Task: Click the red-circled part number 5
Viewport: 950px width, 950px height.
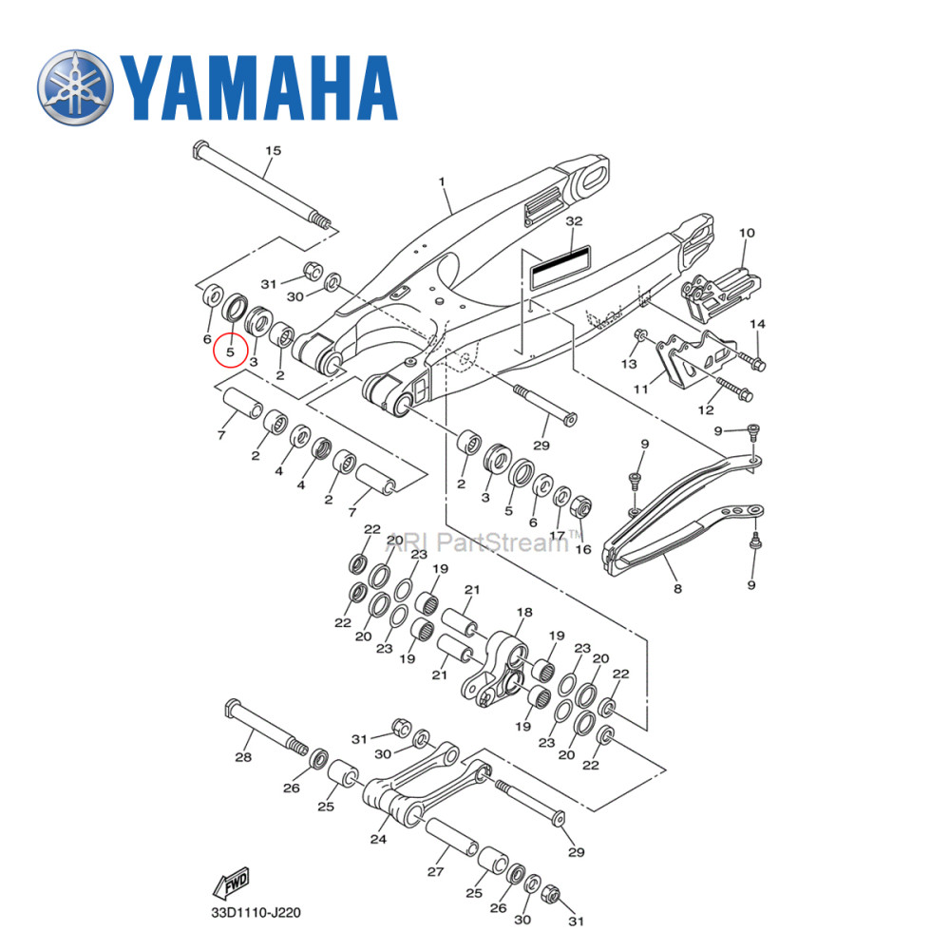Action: (x=230, y=351)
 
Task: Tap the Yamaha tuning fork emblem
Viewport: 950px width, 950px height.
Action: (x=75, y=86)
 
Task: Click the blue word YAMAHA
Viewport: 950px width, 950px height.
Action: (x=256, y=87)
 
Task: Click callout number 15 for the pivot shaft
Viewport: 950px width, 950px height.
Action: (x=274, y=151)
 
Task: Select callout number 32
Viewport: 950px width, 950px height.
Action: (x=573, y=220)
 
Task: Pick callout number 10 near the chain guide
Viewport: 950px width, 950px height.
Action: (x=747, y=233)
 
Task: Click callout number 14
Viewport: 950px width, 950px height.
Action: (x=757, y=325)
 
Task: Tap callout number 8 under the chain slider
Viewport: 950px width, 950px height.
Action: (x=677, y=589)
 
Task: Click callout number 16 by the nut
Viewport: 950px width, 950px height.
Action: (x=583, y=549)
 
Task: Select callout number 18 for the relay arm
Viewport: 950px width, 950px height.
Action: (x=524, y=612)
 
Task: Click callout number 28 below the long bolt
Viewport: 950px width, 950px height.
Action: (x=243, y=757)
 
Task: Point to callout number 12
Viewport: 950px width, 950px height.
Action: (x=704, y=410)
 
